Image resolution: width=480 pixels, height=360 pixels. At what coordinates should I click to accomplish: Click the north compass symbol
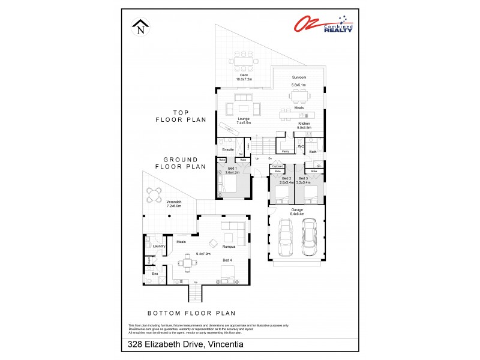point(141,27)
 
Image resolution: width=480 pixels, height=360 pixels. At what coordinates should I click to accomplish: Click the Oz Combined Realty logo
point(323,24)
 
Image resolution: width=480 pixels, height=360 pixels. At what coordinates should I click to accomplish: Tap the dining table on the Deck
point(243,60)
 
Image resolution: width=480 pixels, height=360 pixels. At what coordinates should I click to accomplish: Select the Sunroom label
point(299,77)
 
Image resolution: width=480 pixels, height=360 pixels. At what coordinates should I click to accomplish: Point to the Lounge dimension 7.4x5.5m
point(244,122)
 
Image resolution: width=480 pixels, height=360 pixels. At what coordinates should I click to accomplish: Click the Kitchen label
point(304,123)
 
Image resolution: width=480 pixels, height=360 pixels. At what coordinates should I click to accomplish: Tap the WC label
point(301,146)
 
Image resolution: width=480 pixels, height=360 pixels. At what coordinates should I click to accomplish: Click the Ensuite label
point(227,149)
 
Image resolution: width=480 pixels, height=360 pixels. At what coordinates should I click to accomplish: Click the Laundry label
point(159,246)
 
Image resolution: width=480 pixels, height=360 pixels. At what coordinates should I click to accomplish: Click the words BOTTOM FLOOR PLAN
point(191,313)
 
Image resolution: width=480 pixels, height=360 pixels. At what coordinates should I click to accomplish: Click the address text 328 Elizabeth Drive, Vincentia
point(185,344)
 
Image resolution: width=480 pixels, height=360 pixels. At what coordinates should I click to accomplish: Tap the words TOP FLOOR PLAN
point(181,116)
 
